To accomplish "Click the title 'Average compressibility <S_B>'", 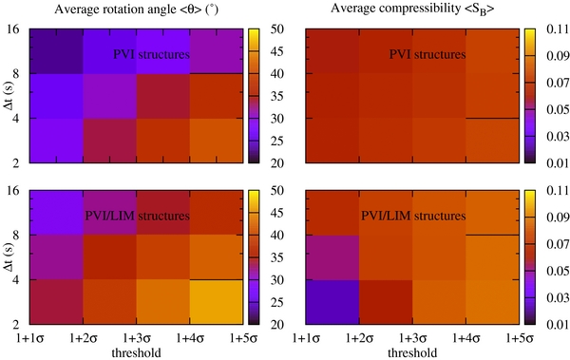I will (x=410, y=10).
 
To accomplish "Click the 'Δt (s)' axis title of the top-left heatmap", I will (x=9, y=96).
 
